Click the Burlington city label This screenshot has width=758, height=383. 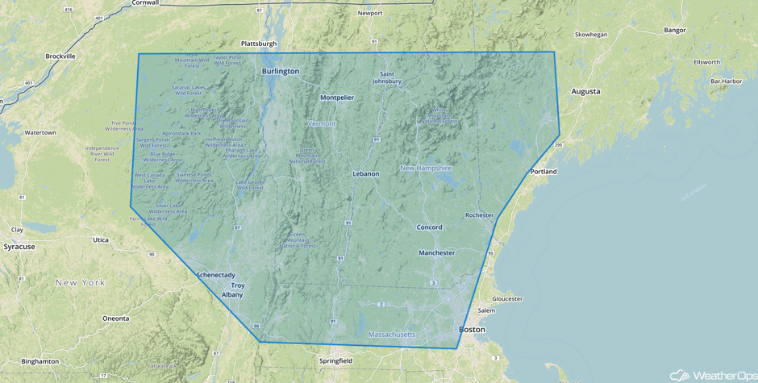tap(280, 71)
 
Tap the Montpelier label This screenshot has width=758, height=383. tap(336, 98)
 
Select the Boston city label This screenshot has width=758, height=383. tap(472, 329)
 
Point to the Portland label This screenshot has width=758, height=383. tap(544, 172)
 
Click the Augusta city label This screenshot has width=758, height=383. tap(585, 91)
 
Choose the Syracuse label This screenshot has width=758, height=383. tap(19, 247)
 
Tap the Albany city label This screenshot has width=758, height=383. tap(232, 295)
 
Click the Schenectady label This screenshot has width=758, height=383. tap(215, 275)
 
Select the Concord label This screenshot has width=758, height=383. tap(429, 227)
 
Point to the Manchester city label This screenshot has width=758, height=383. tap(436, 253)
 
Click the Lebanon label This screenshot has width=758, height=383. tap(365, 174)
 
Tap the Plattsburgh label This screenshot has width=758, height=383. tap(258, 44)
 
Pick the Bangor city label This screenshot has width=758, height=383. tap(674, 31)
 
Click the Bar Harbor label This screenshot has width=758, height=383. tap(726, 81)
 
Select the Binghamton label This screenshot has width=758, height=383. tap(40, 361)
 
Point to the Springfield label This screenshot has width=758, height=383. tap(335, 360)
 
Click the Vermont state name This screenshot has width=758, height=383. tap(322, 123)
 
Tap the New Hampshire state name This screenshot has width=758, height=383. tap(426, 168)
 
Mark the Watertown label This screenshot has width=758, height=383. tap(40, 132)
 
